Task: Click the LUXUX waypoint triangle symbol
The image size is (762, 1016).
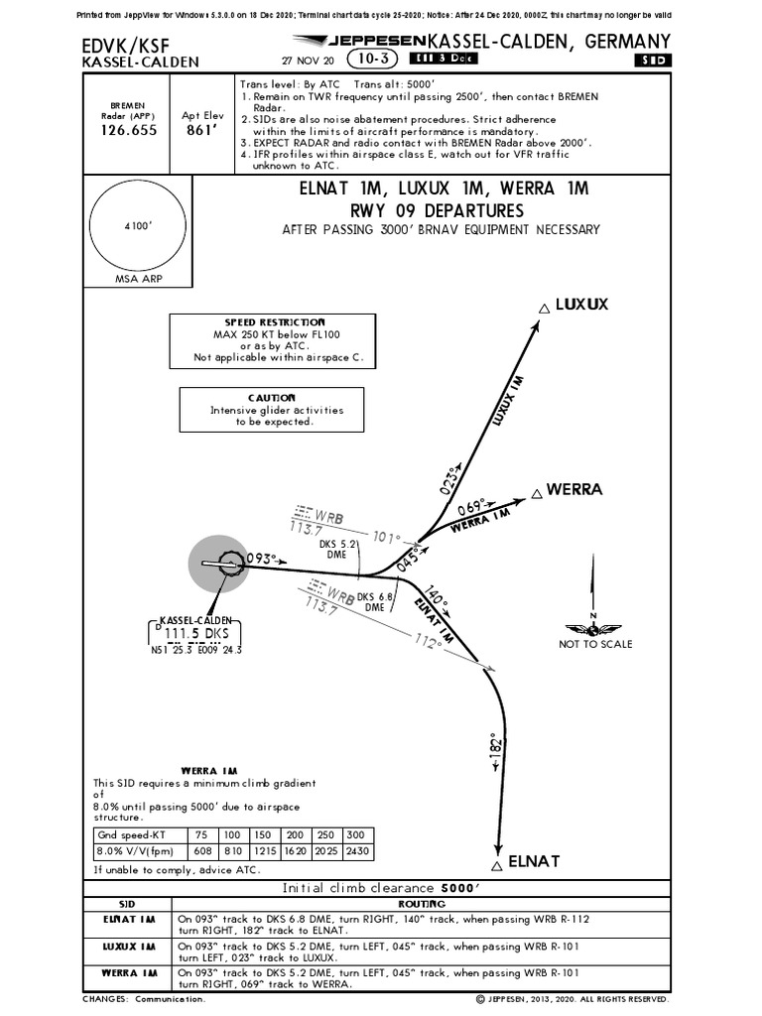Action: coord(542,309)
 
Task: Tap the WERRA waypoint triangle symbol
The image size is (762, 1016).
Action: coord(536,492)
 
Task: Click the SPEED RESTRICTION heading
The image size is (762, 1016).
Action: coord(274,322)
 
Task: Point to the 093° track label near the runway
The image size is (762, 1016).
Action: coord(261,558)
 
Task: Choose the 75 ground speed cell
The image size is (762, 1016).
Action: coord(202,834)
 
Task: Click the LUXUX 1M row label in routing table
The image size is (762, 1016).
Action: coord(131,946)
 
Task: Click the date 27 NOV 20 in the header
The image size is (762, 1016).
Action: coord(308,61)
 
